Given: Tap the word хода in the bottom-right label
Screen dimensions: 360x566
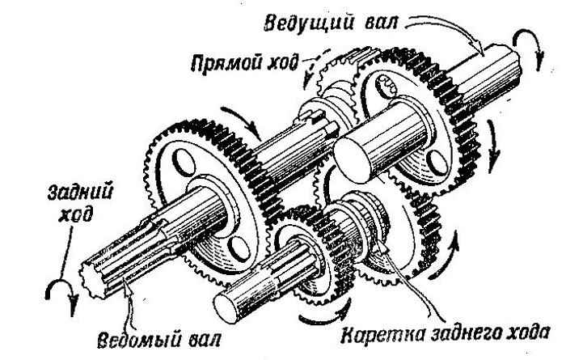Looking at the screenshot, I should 522,332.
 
